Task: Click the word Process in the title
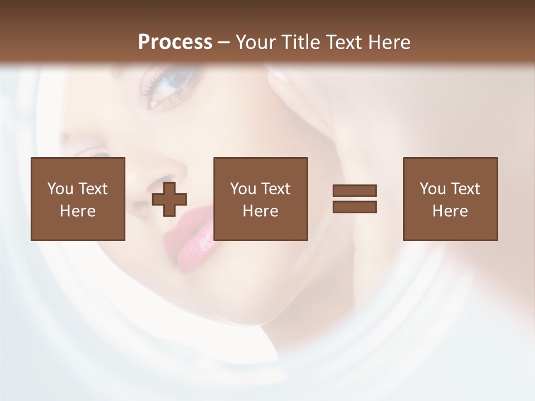pyautogui.click(x=175, y=42)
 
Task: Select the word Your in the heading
pyautogui.click(x=256, y=42)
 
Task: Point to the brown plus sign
pyautogui.click(x=169, y=199)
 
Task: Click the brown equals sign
pyautogui.click(x=354, y=199)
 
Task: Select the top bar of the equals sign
pyautogui.click(x=354, y=191)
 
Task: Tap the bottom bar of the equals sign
pyautogui.click(x=354, y=207)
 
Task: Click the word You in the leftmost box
pyautogui.click(x=60, y=189)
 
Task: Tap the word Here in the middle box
pyautogui.click(x=261, y=211)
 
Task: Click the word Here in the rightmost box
pyautogui.click(x=450, y=211)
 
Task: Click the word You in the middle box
pyautogui.click(x=243, y=189)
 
